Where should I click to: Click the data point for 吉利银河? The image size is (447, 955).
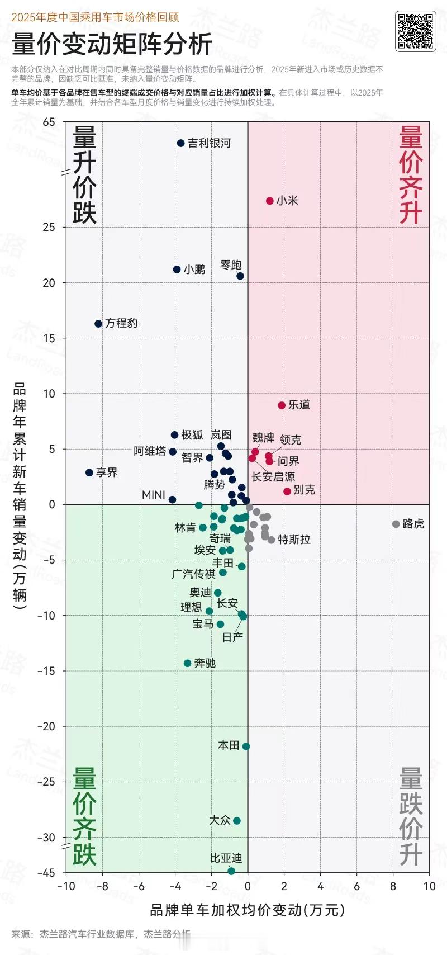(x=181, y=143)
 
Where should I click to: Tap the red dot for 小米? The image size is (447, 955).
(x=270, y=201)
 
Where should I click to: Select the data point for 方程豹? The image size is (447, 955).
(x=98, y=324)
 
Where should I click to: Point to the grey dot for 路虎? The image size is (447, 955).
(x=396, y=524)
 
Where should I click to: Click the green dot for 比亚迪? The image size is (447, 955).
(x=231, y=871)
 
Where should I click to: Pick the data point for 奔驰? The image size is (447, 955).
(x=188, y=663)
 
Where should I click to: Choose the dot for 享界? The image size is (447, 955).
(x=89, y=472)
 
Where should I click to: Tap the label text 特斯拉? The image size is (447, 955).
(x=294, y=540)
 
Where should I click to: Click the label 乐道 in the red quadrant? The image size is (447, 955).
(x=299, y=405)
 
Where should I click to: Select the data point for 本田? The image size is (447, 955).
(x=246, y=746)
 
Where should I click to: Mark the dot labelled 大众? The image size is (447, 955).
(x=237, y=821)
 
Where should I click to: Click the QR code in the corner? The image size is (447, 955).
(x=415, y=31)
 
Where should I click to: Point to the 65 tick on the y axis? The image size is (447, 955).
(x=49, y=122)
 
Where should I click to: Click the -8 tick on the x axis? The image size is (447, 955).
(x=103, y=886)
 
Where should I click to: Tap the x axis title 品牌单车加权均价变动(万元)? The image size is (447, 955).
(x=247, y=910)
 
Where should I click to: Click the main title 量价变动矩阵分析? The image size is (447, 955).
(x=112, y=45)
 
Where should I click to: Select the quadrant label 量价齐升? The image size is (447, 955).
(x=411, y=175)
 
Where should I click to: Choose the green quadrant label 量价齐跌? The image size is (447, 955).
(x=85, y=816)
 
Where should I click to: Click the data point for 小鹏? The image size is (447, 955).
(x=177, y=270)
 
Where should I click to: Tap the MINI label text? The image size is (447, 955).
(x=154, y=495)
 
